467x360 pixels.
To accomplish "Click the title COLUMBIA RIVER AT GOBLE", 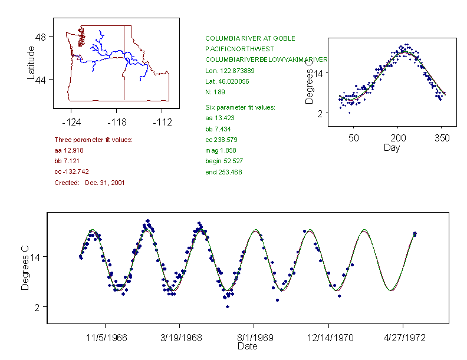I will click(250, 38).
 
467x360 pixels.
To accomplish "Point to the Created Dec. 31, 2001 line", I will click(89, 183).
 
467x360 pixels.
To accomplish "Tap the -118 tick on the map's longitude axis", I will click(116, 122).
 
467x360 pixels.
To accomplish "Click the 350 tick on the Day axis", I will click(442, 138).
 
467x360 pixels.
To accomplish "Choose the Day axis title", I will click(392, 147).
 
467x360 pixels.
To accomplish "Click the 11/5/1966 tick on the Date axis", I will click(106, 339).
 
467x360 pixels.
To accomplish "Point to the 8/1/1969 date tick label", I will click(254, 339).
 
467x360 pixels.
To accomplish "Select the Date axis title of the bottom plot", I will click(247, 346).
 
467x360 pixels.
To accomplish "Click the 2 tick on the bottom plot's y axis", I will click(37, 308).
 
